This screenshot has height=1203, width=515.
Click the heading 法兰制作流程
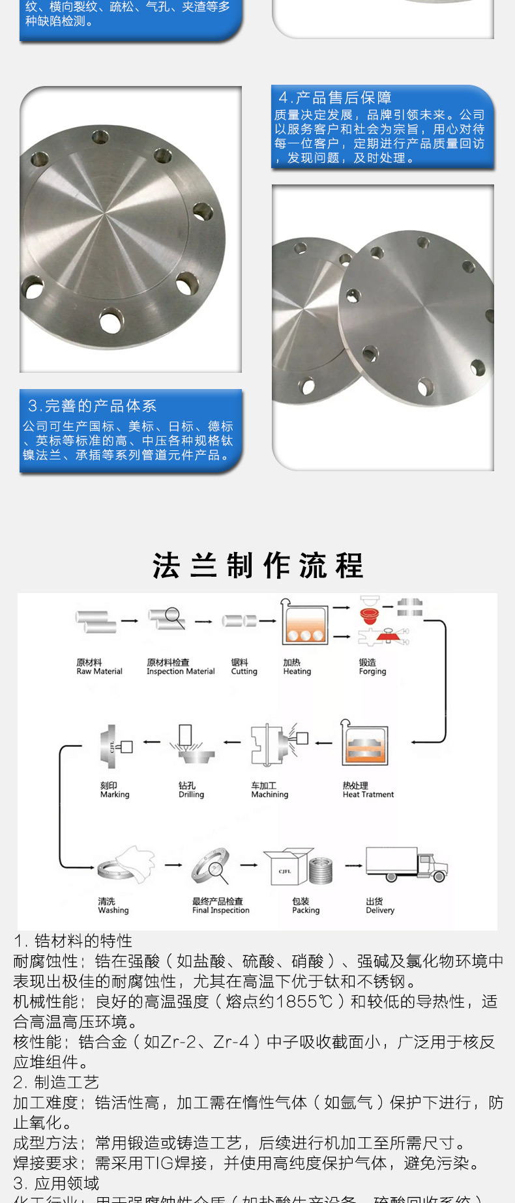pyautogui.click(x=257, y=565)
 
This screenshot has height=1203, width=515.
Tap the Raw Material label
pyautogui.click(x=99, y=667)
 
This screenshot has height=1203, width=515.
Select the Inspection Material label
pyautogui.click(x=181, y=667)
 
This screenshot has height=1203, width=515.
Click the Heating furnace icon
pyautogui.click(x=304, y=623)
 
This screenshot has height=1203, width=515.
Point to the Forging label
pyautogui.click(x=372, y=667)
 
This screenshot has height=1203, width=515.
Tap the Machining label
pyautogui.click(x=269, y=790)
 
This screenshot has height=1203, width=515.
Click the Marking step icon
pyautogui.click(x=115, y=746)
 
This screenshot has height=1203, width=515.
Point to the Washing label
pyautogui.click(x=113, y=906)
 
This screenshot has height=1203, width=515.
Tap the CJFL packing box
pyautogui.click(x=285, y=868)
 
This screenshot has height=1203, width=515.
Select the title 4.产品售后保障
pyautogui.click(x=334, y=98)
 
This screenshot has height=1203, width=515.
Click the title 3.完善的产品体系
pyautogui.click(x=92, y=406)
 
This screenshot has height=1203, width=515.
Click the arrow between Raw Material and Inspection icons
pyautogui.click(x=129, y=621)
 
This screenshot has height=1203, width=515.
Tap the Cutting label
pyautogui.click(x=244, y=667)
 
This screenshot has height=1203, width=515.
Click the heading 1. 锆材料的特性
pyautogui.click(x=73, y=940)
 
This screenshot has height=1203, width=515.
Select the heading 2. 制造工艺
pyautogui.click(x=56, y=1082)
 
